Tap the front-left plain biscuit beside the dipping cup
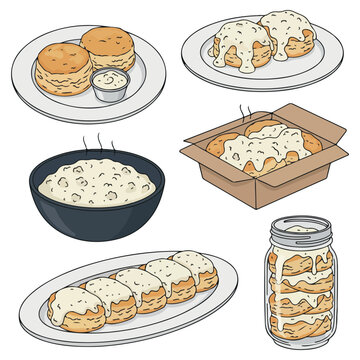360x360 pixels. (x=62, y=68)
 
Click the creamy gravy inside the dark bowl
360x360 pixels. (x=96, y=183)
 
